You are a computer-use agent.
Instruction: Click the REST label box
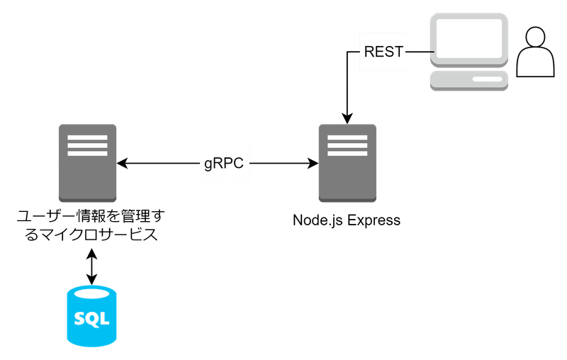tap(385, 51)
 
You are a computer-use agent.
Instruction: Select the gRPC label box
tap(224, 164)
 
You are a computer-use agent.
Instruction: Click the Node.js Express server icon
tap(347, 163)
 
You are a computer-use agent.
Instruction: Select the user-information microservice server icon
tap(87, 163)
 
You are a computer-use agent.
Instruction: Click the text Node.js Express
tap(347, 220)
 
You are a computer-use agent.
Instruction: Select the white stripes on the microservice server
tap(87, 145)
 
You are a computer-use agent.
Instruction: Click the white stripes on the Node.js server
tap(347, 145)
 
